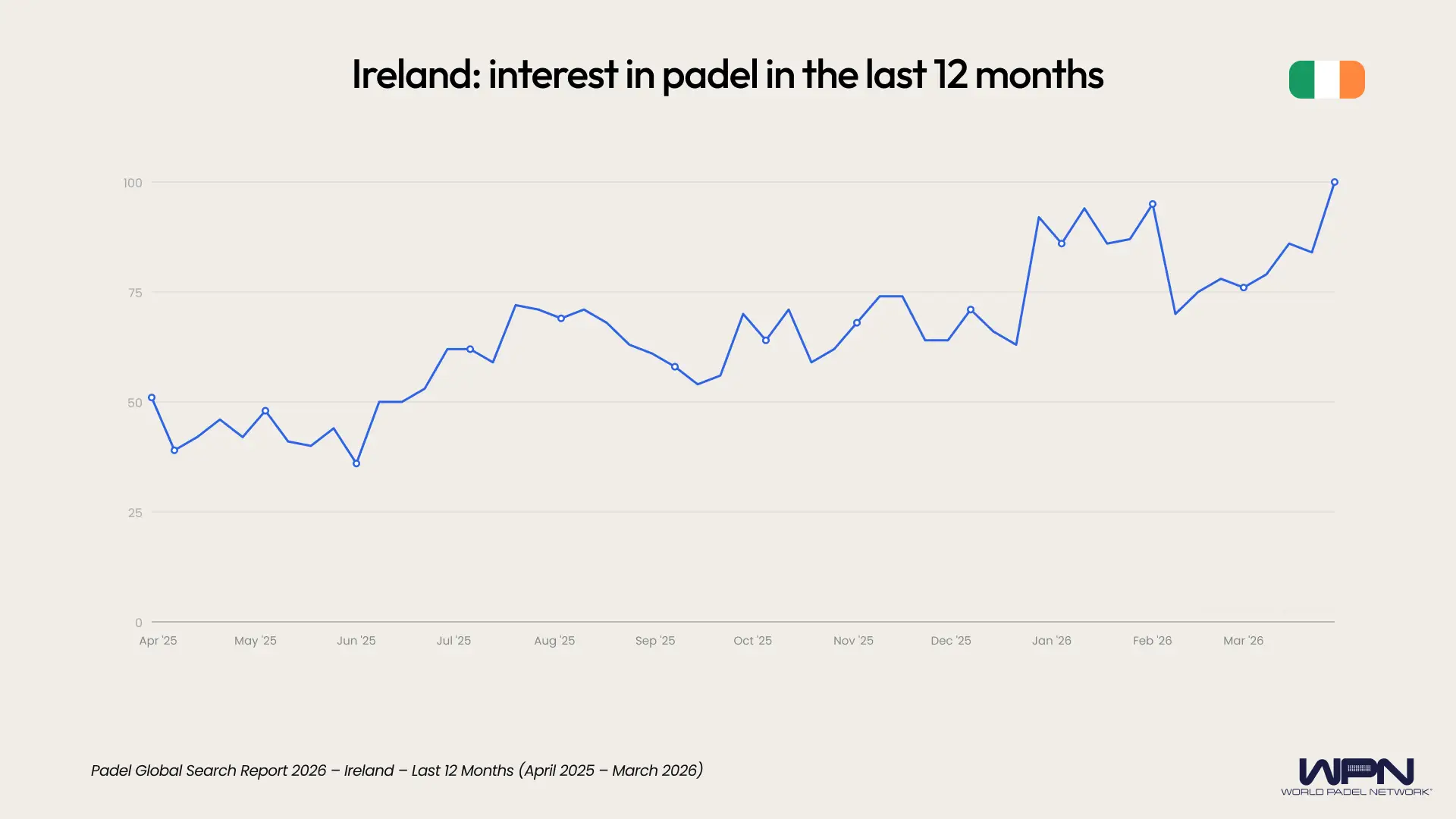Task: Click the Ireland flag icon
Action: tap(1326, 80)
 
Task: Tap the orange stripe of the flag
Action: tap(1352, 80)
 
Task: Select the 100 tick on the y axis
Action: tap(133, 183)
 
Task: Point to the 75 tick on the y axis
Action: tap(135, 293)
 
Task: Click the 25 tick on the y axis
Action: tap(135, 513)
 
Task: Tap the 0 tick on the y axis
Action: tap(138, 623)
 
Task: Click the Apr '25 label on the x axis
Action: tap(158, 641)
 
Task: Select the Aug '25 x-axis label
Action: tap(554, 641)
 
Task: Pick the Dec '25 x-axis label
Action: tap(951, 641)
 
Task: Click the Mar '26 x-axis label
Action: tap(1243, 641)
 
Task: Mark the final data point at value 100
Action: tap(1335, 182)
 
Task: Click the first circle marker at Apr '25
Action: tap(152, 397)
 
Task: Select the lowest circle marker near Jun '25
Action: tap(356, 463)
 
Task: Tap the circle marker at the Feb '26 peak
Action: tap(1153, 204)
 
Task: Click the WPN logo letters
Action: tap(1356, 771)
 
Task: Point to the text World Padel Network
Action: tap(1356, 792)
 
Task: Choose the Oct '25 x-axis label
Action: tap(752, 641)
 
